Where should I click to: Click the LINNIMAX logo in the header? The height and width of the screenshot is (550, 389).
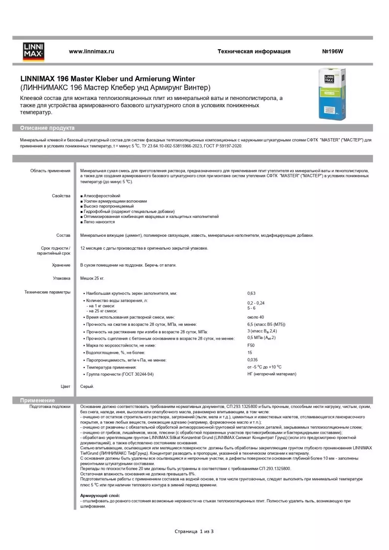click(33, 52)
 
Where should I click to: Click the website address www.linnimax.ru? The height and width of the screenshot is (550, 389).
click(91, 52)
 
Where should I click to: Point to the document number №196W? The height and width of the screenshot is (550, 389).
click(332, 52)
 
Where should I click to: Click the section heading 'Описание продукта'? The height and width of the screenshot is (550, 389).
click(47, 128)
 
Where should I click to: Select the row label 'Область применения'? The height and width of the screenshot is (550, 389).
click(50, 171)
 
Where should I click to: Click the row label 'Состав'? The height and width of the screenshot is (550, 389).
click(63, 235)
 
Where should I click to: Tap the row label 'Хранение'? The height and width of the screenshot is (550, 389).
click(61, 265)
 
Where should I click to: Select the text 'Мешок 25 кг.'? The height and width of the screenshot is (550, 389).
click(92, 278)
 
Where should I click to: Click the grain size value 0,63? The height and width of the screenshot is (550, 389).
click(251, 293)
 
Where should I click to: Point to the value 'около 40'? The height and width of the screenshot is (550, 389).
click(256, 317)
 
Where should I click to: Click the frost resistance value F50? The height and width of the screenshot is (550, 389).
click(251, 345)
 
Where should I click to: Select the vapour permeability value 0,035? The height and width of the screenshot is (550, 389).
click(252, 360)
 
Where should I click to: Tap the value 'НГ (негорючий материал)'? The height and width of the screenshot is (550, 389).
click(272, 374)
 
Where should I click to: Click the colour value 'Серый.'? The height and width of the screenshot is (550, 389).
click(87, 386)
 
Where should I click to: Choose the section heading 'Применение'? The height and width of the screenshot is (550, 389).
click(37, 400)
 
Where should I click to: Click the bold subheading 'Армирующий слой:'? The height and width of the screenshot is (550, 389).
click(100, 495)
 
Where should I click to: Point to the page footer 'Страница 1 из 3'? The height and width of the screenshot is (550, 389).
click(194, 531)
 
